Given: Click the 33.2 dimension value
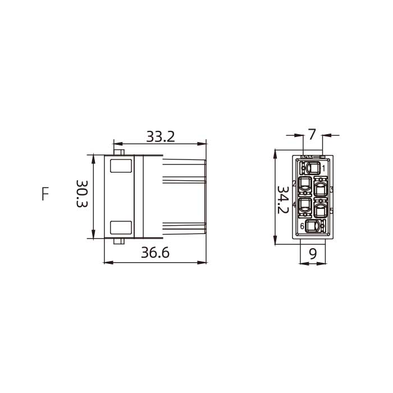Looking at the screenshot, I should click(161, 136).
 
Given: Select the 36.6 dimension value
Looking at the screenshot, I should click(155, 253).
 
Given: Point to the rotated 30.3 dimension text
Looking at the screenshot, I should click(82, 194).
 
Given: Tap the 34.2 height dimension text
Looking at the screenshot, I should click(282, 200).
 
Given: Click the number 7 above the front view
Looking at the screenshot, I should click(312, 135).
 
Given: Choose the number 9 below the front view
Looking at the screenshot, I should click(313, 254).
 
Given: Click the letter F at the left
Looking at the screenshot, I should click(45, 194).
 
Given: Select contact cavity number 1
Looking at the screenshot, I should click(313, 168).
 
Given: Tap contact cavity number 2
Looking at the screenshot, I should click(304, 184).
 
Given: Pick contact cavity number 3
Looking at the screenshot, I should click(321, 189).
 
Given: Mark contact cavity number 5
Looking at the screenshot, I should click(321, 210).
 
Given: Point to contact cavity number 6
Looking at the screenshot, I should click(313, 226).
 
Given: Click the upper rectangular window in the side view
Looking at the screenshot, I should click(121, 166).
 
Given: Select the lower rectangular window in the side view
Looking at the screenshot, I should click(121, 227).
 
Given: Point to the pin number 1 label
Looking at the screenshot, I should click(323, 167).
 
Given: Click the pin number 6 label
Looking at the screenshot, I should click(302, 226).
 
